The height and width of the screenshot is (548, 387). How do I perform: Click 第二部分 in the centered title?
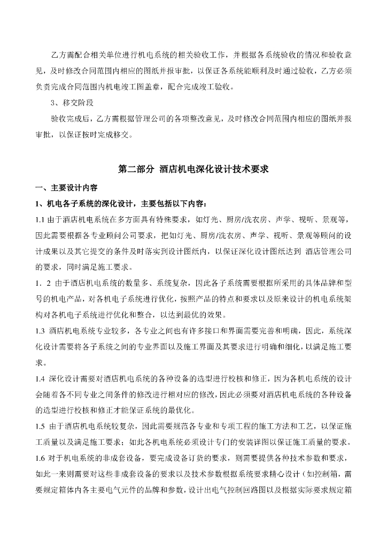[x=136, y=169]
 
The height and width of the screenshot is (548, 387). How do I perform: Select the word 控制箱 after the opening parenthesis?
[x=327, y=475]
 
